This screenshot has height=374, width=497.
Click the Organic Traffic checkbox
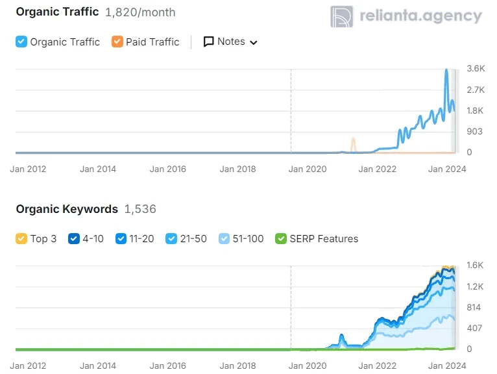tap(21, 42)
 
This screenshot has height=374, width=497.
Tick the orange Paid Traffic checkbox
tap(117, 42)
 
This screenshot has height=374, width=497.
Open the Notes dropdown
tap(231, 42)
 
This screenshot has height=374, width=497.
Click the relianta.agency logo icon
tap(341, 17)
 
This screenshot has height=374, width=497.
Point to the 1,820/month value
tap(140, 12)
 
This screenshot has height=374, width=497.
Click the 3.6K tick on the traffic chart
tap(476, 68)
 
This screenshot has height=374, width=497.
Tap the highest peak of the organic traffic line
tap(446, 70)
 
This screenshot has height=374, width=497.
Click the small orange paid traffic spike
tap(353, 140)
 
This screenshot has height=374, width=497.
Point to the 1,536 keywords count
tap(140, 209)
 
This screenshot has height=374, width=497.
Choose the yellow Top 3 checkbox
tap(21, 239)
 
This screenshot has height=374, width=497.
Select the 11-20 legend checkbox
tap(120, 239)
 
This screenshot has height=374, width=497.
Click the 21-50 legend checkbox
tap(171, 239)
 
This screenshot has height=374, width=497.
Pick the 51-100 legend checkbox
tap(224, 239)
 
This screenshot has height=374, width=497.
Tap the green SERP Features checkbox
tap(280, 239)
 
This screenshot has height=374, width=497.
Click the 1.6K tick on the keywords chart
tap(476, 265)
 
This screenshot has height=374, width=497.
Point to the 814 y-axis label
tap(474, 307)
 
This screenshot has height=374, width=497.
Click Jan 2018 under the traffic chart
tap(237, 169)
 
